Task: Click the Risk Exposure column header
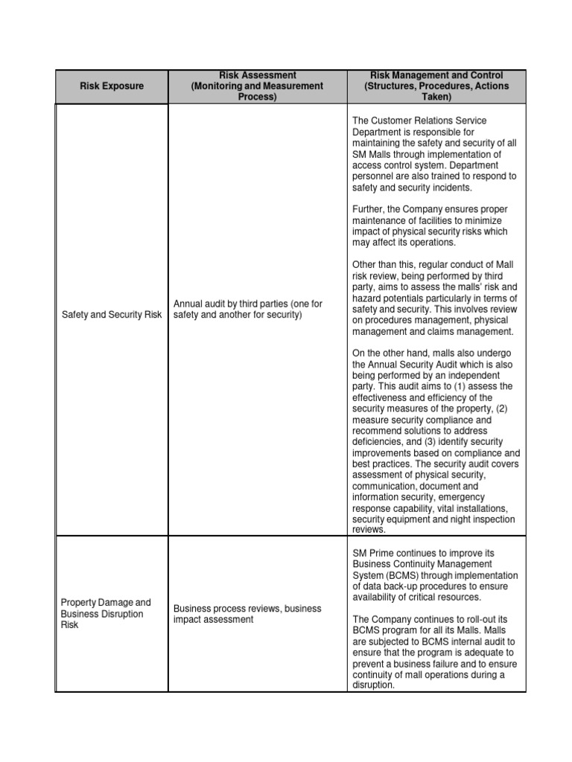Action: click(x=112, y=86)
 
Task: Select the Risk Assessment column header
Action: click(x=258, y=86)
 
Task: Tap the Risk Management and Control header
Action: click(x=436, y=86)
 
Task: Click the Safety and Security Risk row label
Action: click(x=112, y=315)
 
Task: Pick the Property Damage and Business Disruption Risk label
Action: click(x=106, y=614)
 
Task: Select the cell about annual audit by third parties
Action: click(x=248, y=310)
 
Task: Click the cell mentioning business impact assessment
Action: click(x=247, y=614)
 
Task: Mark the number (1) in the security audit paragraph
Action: click(x=471, y=387)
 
